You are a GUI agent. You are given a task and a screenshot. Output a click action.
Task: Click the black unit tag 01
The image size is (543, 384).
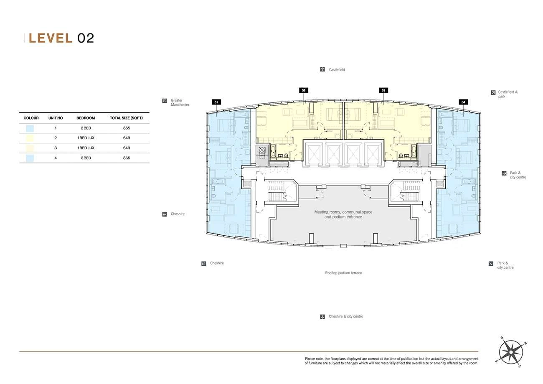(x=216, y=102)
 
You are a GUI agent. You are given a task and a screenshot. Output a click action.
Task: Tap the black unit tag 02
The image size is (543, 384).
(x=304, y=90)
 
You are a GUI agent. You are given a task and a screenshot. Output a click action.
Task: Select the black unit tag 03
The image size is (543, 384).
(x=383, y=90)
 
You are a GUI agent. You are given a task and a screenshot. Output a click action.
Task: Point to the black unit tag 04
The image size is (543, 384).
(x=463, y=102)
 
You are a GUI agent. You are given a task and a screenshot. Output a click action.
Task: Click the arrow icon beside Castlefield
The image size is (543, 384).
(x=322, y=70)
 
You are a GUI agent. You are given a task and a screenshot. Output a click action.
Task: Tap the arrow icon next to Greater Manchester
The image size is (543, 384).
(x=165, y=101)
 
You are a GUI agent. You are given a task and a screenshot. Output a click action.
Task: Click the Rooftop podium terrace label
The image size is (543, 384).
(x=343, y=273)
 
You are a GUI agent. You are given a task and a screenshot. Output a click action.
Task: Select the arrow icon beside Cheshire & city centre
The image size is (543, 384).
(x=322, y=317)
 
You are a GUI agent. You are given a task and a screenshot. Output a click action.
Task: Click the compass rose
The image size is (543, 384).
(x=511, y=352)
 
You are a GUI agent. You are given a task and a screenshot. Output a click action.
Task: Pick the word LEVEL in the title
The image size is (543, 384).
(x=51, y=38)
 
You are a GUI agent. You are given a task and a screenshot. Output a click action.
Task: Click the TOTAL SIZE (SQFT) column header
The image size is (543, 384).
(x=126, y=118)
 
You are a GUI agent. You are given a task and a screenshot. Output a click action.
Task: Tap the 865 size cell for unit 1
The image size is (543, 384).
(x=127, y=128)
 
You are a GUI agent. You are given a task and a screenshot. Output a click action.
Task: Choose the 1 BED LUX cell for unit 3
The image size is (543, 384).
(x=86, y=148)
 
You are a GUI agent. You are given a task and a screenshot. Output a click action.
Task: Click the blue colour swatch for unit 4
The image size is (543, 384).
(x=30, y=158)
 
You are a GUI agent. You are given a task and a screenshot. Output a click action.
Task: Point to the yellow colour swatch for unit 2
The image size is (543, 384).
(x=30, y=138)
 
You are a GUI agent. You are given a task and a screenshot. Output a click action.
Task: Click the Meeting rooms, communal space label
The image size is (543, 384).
(x=343, y=212)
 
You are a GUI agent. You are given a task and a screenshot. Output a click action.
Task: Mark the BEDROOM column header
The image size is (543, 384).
(x=86, y=118)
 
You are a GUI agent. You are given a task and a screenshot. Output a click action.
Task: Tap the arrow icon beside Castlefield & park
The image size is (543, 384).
(x=493, y=93)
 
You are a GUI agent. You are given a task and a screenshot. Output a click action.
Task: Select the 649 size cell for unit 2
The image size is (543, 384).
(x=127, y=138)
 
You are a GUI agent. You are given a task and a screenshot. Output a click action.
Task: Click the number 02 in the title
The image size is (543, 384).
(x=86, y=38)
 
